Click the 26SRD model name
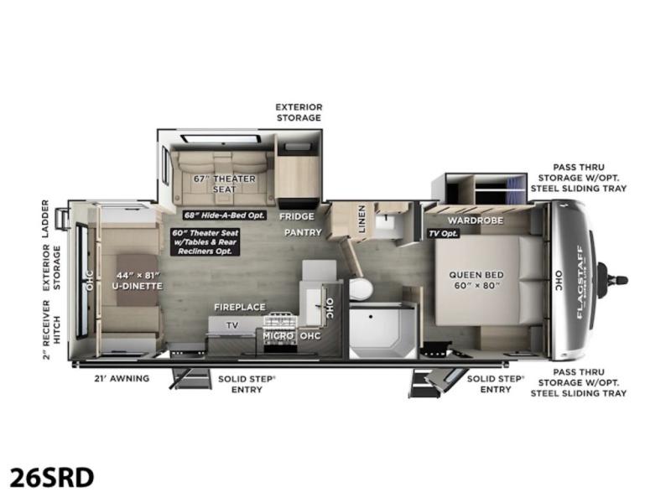51,477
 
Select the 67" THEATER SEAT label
224,184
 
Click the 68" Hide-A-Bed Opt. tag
224,215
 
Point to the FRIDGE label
297,216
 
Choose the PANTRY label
303,232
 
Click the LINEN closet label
362,219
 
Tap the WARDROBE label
476,220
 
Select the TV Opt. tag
444,234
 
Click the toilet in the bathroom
361,289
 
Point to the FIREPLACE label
240,307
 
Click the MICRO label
278,336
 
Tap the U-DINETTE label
138,286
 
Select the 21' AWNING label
122,378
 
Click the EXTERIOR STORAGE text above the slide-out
299,112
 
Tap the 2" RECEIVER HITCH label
51,329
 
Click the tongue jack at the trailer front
612,281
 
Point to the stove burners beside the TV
280,320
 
